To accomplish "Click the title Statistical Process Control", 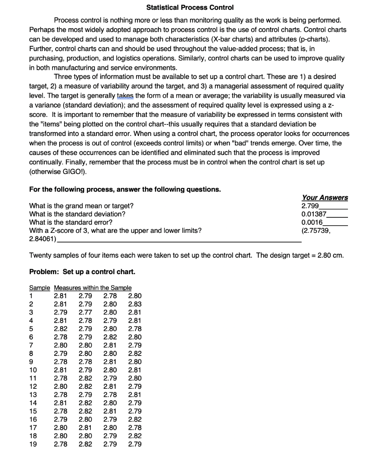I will [x=190, y=8].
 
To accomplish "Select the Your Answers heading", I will [x=325, y=198].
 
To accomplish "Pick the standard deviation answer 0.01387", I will [x=314, y=214].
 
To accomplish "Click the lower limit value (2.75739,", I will [x=316, y=231].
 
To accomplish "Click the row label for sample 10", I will [x=33, y=370].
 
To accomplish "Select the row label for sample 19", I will [x=33, y=443].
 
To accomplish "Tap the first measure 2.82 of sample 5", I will [x=61, y=329].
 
